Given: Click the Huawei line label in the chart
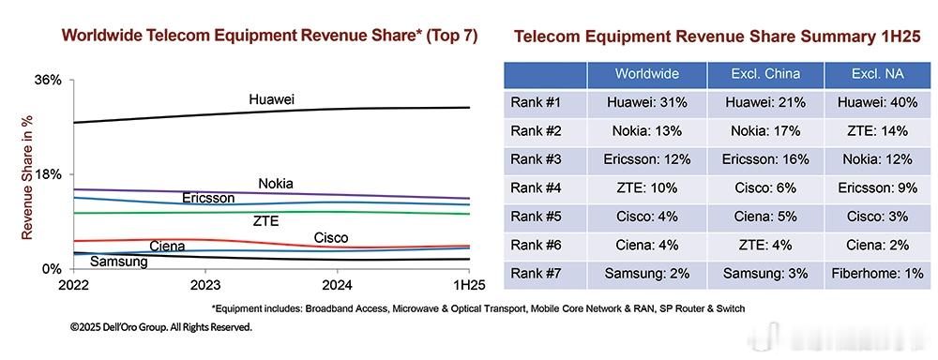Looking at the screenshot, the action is pos(272,100).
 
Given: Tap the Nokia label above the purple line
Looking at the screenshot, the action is pos(276,184).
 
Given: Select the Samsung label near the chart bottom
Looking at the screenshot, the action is pos(118,262).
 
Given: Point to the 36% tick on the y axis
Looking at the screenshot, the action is pos(47,80).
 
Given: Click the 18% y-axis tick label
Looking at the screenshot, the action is pos(47,174).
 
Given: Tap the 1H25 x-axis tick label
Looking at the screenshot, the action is pos(469,285).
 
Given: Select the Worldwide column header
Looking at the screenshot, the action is pos(647,74).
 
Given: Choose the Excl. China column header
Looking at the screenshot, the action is pos(765,74).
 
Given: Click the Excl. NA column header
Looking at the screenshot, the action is pos(878,74).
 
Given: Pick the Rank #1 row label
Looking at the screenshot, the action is pos(536,102).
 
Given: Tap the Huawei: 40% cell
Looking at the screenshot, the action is pos(878,102).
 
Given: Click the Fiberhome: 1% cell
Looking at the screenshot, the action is pos(878,274).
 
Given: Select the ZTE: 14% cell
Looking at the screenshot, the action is pos(878,131).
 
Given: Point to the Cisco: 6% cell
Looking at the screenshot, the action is pos(765,187).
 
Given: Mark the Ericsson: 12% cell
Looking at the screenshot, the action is pos(647,159).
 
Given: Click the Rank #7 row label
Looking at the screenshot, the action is pos(536,274).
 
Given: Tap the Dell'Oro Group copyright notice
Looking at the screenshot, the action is pos(161,328).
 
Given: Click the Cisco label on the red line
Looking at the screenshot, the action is pos(331,238).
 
